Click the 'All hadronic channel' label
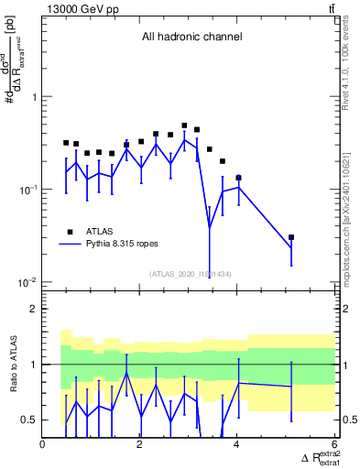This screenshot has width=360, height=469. pos(191,38)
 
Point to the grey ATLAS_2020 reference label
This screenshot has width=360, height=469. pos(190,274)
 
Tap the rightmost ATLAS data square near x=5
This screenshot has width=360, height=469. pos(291,237)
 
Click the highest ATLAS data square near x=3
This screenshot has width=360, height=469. pos(184,125)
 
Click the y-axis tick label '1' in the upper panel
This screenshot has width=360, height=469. pos(34,96)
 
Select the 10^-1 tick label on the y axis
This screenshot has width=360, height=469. pos(28,190)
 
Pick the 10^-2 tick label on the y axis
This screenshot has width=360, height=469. pos(28,282)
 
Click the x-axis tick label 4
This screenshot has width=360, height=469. pos(237,444)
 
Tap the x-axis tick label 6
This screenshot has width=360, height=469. pos(333,444)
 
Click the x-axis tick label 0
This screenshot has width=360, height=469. pos(43,444)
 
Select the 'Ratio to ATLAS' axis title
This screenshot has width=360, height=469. pos(12,364)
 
